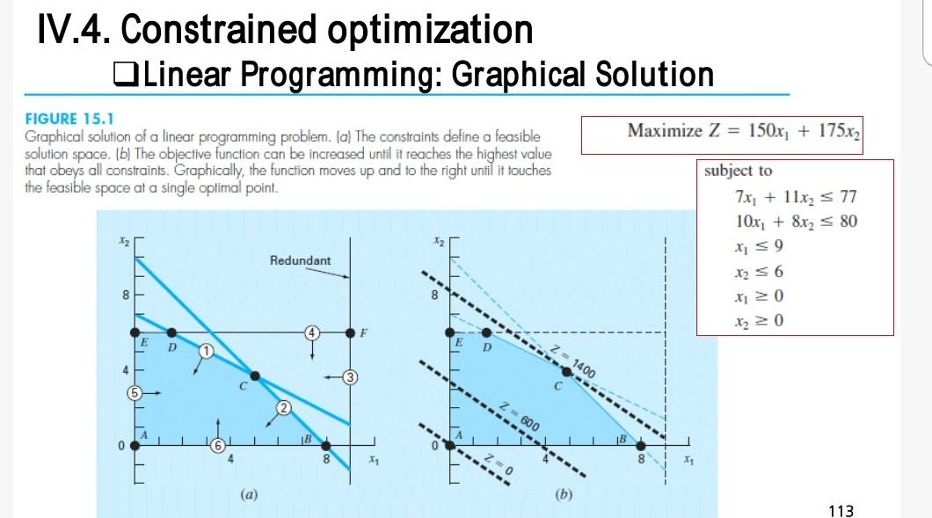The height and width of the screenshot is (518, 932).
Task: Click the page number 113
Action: tap(841, 510)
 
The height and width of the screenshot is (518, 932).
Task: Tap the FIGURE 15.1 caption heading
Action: tap(69, 119)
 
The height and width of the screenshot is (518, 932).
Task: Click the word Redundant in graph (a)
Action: tap(300, 260)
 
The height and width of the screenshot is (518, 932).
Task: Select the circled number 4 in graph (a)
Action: tap(312, 333)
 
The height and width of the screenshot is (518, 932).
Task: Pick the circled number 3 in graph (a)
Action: tap(351, 377)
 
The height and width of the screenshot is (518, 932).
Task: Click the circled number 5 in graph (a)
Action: tap(135, 392)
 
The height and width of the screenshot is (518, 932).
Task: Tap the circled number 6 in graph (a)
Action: tap(218, 445)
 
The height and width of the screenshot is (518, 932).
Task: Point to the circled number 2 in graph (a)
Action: tap(283, 408)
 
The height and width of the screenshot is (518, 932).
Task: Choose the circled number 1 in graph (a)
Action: tap(206, 351)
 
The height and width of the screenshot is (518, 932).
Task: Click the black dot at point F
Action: tap(350, 332)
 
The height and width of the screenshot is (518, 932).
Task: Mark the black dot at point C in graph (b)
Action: tap(567, 372)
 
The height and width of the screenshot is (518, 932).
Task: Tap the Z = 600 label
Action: tap(519, 416)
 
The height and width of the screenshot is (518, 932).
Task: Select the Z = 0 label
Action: tap(499, 463)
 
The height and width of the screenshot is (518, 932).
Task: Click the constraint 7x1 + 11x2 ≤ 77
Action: tap(796, 196)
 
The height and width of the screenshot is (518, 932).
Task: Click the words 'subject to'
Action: tap(739, 171)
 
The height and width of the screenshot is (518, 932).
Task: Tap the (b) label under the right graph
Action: tap(564, 494)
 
